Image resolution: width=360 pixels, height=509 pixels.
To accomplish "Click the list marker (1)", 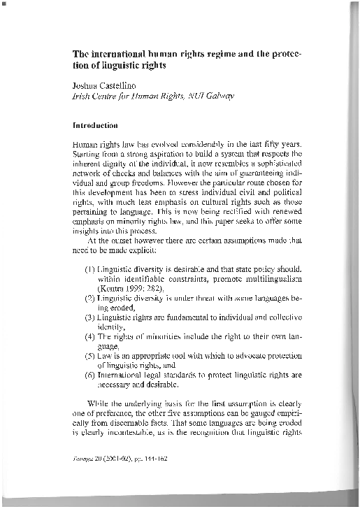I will click(90, 268).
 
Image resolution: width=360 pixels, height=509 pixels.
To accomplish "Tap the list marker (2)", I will click(90, 297).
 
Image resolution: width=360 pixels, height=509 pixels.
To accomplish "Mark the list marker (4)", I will click(90, 336).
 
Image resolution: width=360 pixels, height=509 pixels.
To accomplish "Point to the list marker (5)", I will click(90, 356).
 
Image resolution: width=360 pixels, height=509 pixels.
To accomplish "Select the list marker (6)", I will click(90, 375).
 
